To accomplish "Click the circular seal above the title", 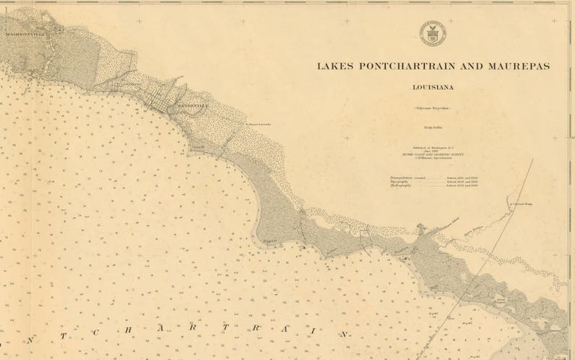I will click(432, 33).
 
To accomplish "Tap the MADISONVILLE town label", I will click(24, 34).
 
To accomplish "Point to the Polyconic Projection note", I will click(432, 108).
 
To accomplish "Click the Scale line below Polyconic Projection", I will click(432, 125).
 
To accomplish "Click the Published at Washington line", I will click(432, 147).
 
